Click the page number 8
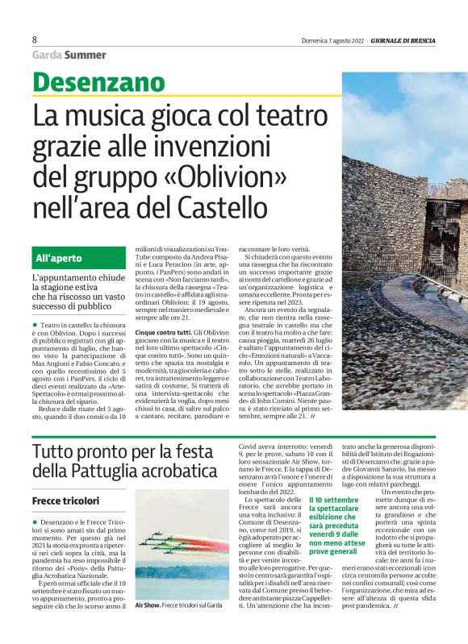coord(35,40)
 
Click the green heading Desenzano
coord(99,84)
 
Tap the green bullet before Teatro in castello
coord(35,324)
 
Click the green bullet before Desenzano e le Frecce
coord(35,524)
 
